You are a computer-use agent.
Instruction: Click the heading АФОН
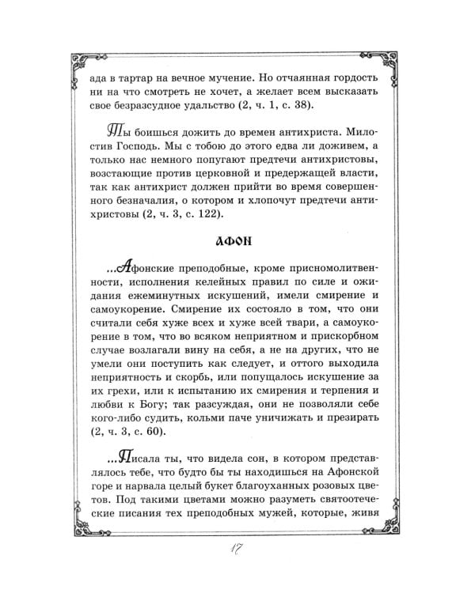[237, 242]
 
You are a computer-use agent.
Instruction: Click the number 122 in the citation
[214, 214]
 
